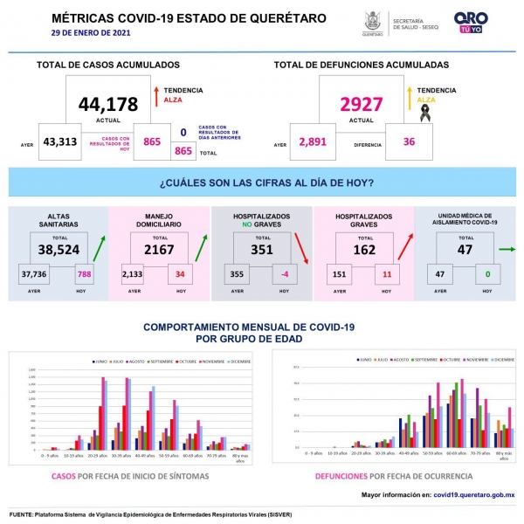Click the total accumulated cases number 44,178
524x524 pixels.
pyautogui.click(x=108, y=105)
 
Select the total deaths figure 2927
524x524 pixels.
pyautogui.click(x=362, y=105)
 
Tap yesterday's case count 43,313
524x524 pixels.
pyautogui.click(x=60, y=142)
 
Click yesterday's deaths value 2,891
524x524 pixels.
pyautogui.click(x=315, y=142)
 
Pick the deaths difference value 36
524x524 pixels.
pyautogui.click(x=410, y=142)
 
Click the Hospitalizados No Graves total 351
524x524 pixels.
pyautogui.click(x=261, y=249)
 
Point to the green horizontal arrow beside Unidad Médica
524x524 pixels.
pyautogui.click(x=506, y=249)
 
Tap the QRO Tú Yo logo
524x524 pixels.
pyautogui.click(x=472, y=23)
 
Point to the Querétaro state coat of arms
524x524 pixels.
pyautogui.click(x=372, y=21)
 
